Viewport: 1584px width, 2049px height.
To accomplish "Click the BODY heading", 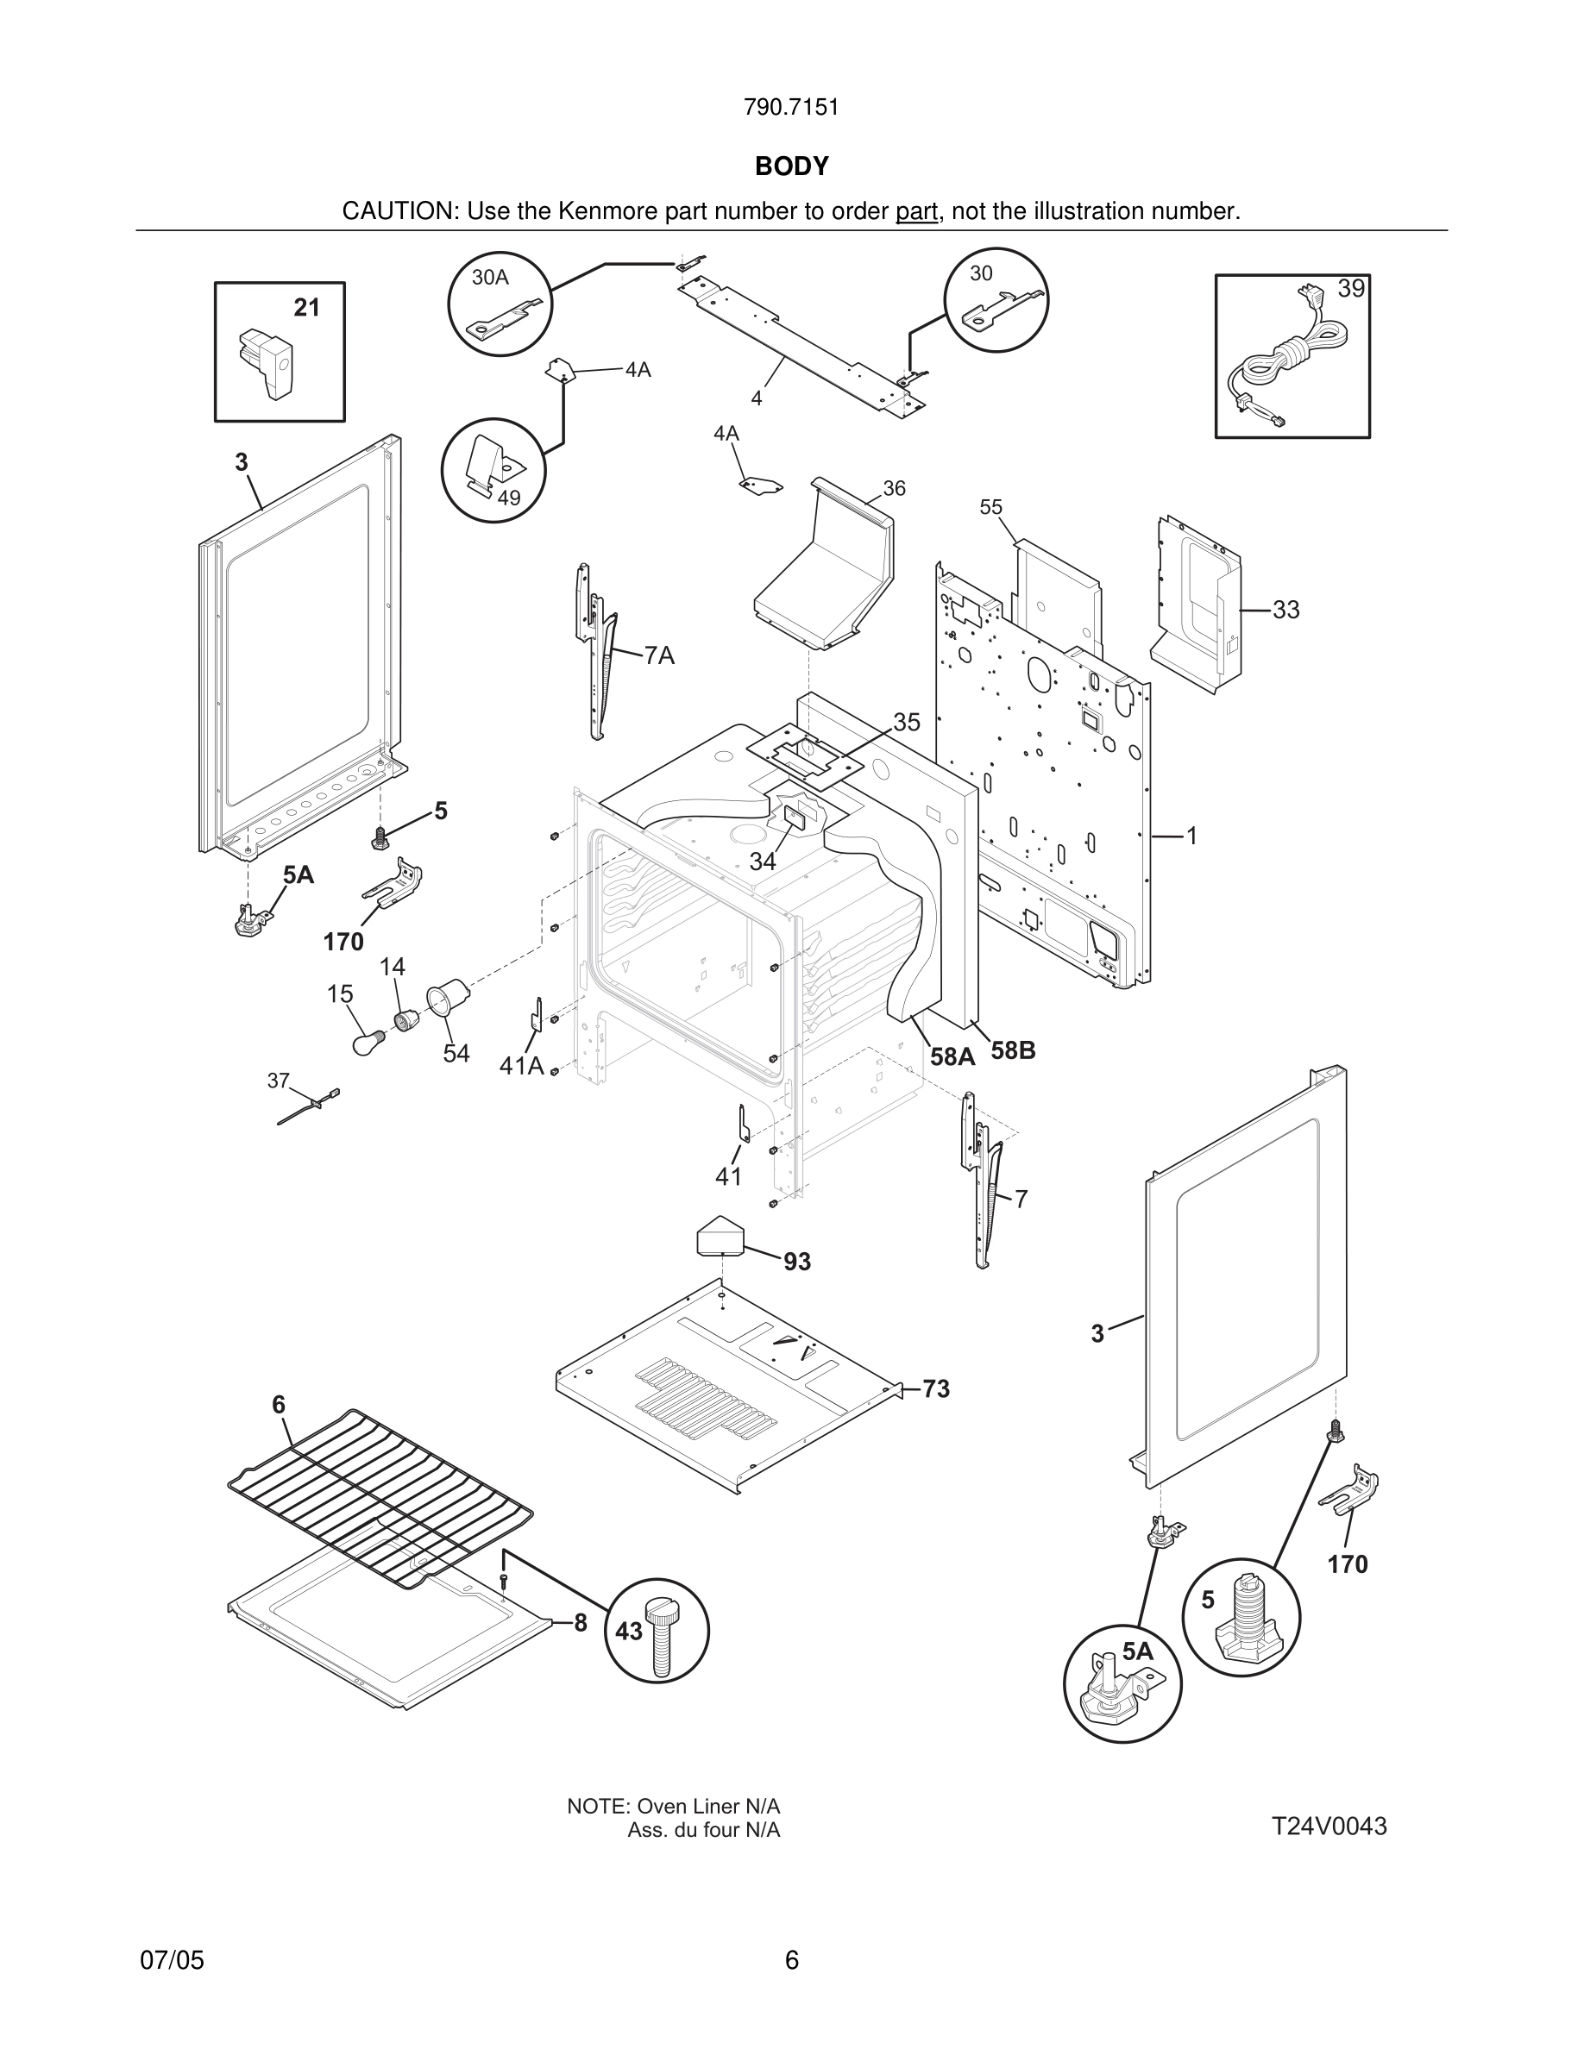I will (791, 166).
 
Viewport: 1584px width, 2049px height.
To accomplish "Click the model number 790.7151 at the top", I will (791, 108).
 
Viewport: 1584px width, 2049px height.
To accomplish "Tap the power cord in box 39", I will (1280, 361).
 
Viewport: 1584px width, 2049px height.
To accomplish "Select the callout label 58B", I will (1014, 1050).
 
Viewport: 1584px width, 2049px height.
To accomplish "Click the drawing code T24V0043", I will (1329, 1827).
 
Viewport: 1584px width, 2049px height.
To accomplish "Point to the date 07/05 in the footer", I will (172, 1960).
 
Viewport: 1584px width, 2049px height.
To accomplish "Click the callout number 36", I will (895, 488).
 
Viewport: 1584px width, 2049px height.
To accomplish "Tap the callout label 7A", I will (660, 655).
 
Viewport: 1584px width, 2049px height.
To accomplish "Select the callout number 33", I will (1285, 610).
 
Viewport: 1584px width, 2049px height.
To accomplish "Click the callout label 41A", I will (522, 1066).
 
